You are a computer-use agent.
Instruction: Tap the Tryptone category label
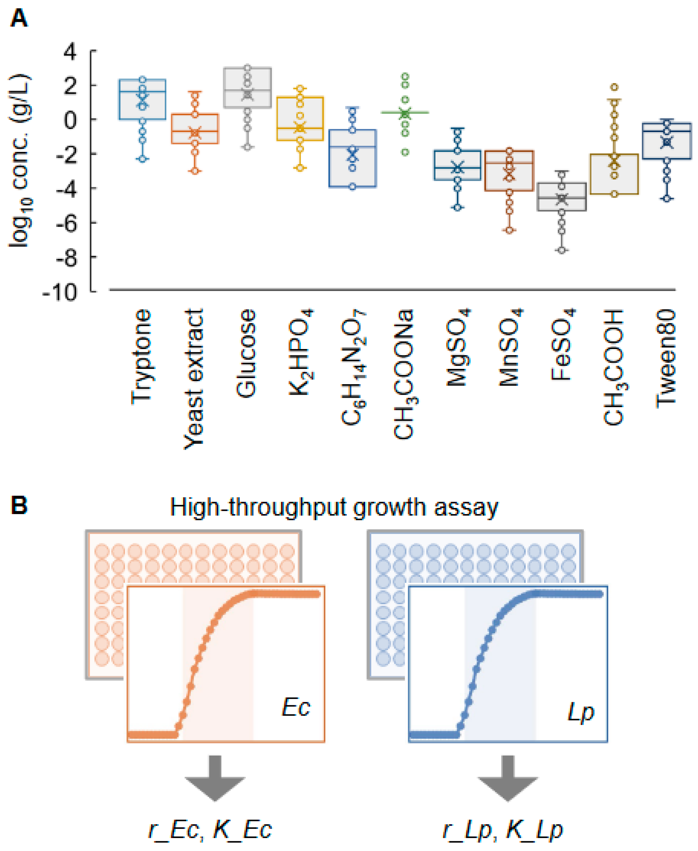point(142,357)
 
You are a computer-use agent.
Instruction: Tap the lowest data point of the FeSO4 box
point(562,250)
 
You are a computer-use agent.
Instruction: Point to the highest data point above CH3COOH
point(614,87)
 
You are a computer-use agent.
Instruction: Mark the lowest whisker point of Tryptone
point(142,159)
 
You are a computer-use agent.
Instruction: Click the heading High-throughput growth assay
point(334,507)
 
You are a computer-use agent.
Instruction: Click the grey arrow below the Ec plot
point(215,778)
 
